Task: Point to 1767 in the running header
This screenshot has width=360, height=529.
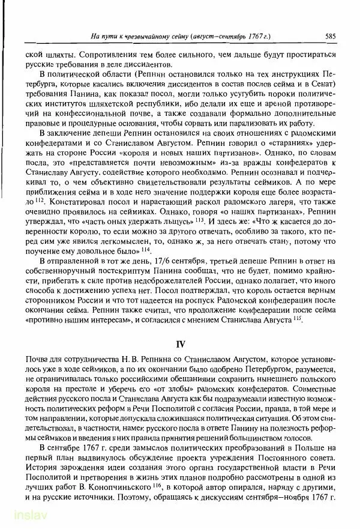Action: coord(248,36)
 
